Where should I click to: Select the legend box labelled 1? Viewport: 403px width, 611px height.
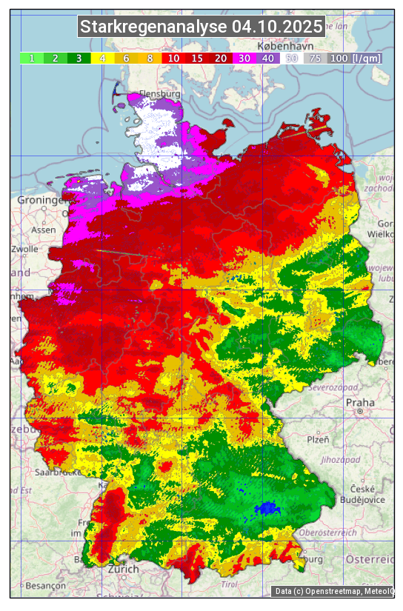click(x=32, y=58)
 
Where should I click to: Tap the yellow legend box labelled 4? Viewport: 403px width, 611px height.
click(x=103, y=58)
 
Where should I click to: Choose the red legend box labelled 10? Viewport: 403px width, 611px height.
click(x=173, y=58)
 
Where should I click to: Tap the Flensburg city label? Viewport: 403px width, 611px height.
click(x=159, y=95)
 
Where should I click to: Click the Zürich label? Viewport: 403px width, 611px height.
click(x=123, y=569)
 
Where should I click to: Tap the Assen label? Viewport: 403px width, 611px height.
click(x=43, y=230)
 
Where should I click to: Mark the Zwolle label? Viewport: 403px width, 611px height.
click(x=24, y=249)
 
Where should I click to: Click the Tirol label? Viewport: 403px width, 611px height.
click(x=229, y=584)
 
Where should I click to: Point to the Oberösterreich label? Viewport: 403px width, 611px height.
click(x=328, y=532)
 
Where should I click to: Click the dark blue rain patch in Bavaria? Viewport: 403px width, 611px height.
click(x=266, y=509)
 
